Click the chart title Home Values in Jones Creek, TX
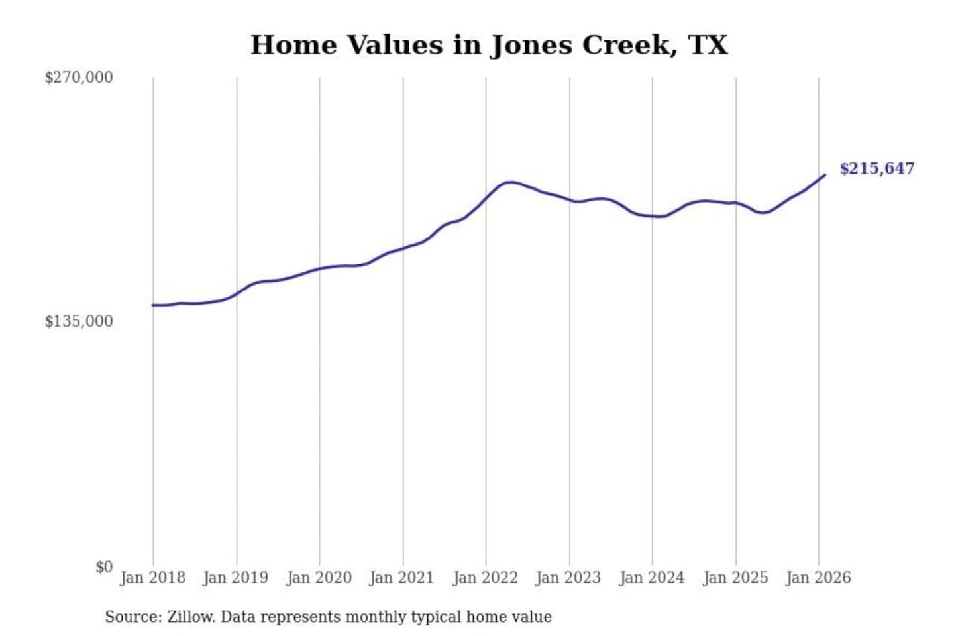click(x=489, y=45)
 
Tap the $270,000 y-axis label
click(x=79, y=78)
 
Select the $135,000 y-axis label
click(x=79, y=321)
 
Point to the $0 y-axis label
click(x=104, y=567)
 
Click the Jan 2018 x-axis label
click(x=152, y=578)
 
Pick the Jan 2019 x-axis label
click(x=235, y=578)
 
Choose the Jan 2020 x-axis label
click(x=319, y=578)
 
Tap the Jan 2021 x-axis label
click(x=401, y=578)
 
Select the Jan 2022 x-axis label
click(x=485, y=578)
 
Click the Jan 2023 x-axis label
click(x=568, y=578)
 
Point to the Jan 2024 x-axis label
click(x=651, y=578)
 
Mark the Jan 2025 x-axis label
click(x=735, y=578)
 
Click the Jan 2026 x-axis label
click(x=818, y=578)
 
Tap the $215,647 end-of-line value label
click(x=876, y=168)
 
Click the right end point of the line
click(x=824, y=175)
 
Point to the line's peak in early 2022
click(x=509, y=182)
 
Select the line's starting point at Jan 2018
click(x=153, y=305)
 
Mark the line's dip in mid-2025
click(x=763, y=213)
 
